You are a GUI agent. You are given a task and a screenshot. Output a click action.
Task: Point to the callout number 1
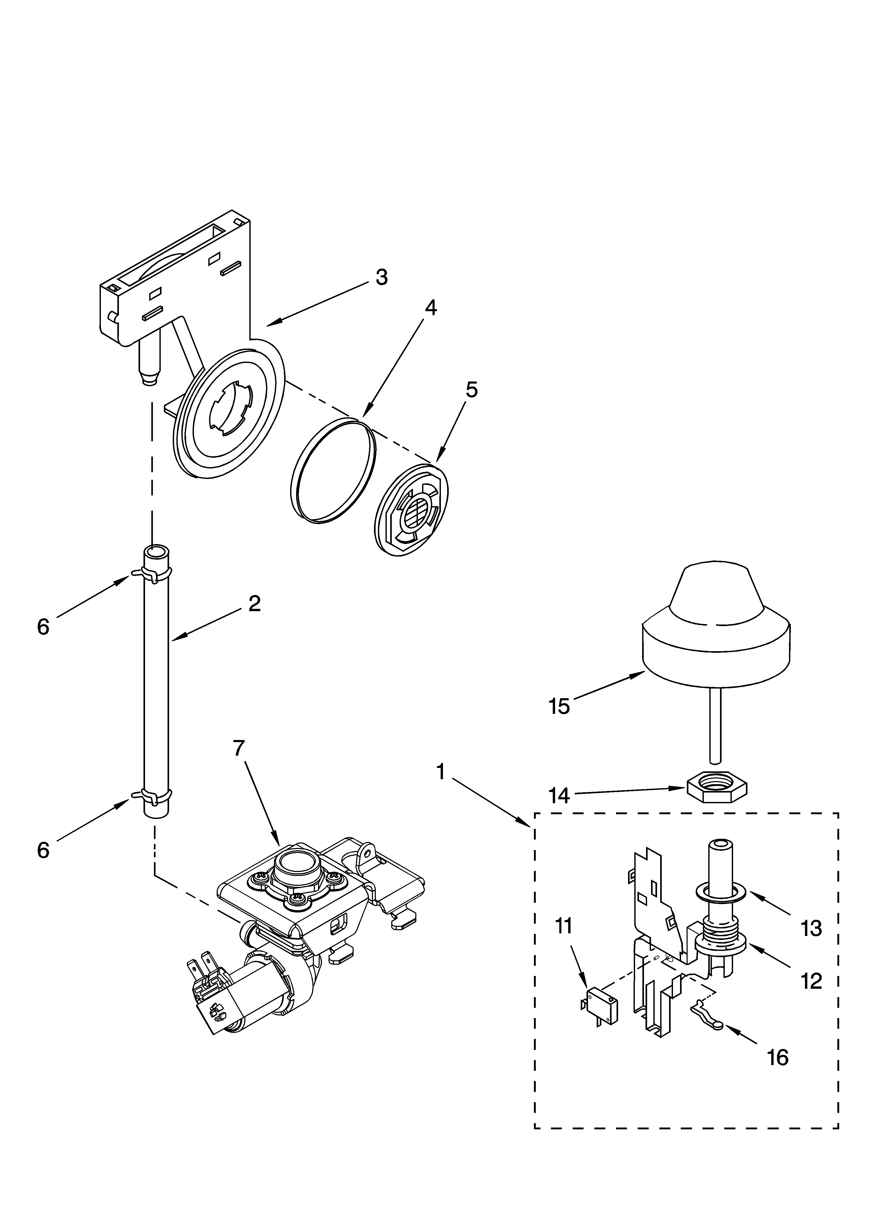click(440, 772)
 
